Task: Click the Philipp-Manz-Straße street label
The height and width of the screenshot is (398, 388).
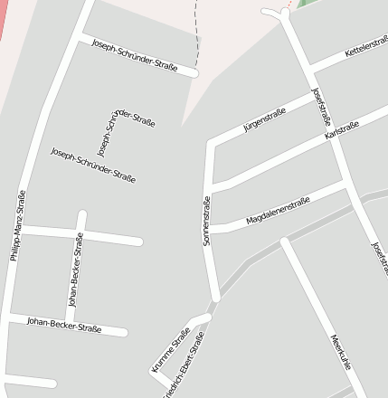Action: (x=18, y=225)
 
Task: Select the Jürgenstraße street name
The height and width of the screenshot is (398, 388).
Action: (x=264, y=119)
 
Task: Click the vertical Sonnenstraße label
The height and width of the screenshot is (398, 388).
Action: (x=207, y=222)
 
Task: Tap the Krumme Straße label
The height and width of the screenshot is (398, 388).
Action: (x=172, y=349)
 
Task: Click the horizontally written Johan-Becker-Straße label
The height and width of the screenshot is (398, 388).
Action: (x=63, y=323)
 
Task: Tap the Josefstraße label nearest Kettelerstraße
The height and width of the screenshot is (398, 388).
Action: (x=322, y=107)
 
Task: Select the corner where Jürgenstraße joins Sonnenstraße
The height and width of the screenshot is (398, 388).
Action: (x=211, y=144)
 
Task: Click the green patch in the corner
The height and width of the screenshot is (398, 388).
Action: (x=306, y=4)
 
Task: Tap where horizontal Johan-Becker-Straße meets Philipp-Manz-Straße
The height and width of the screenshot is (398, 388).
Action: (x=9, y=317)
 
